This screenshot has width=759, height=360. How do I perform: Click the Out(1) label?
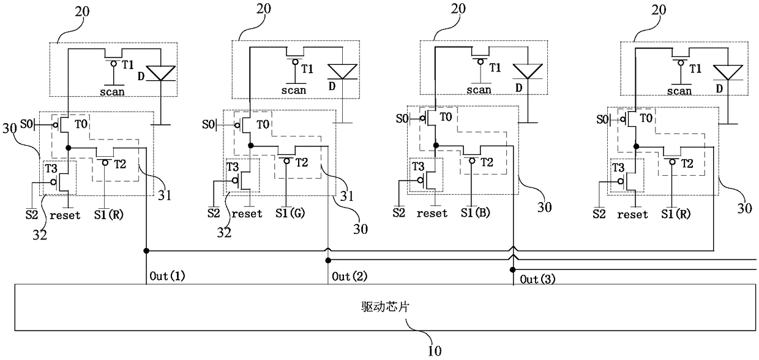167,276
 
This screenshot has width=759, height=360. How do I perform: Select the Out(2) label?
350,277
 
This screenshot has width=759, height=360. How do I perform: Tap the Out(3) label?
537,280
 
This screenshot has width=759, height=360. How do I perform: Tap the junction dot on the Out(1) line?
146,250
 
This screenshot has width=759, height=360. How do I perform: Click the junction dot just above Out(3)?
512,269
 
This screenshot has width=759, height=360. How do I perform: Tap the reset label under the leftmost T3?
65,215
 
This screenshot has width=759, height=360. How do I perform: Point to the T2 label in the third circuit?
487,162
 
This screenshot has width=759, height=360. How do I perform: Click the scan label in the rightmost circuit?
679,91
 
